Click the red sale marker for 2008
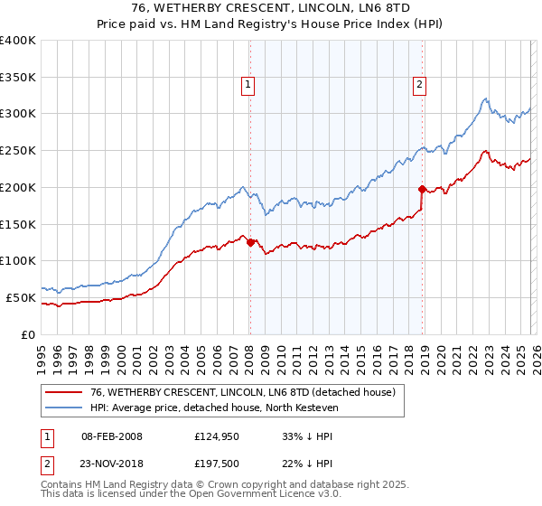[x=250, y=242]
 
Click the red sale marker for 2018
[x=422, y=189]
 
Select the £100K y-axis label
[x=18, y=261]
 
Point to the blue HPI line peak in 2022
[x=485, y=98]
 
